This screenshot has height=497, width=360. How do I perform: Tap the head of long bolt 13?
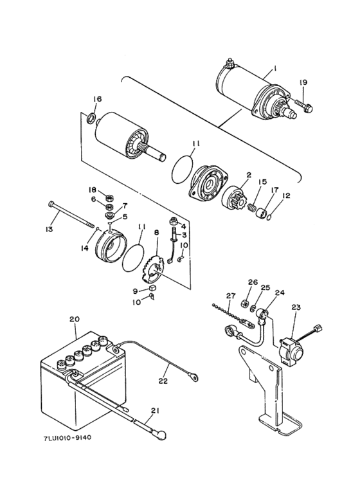pos(50,206)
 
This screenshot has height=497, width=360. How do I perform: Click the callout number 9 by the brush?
pos(136,291)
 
